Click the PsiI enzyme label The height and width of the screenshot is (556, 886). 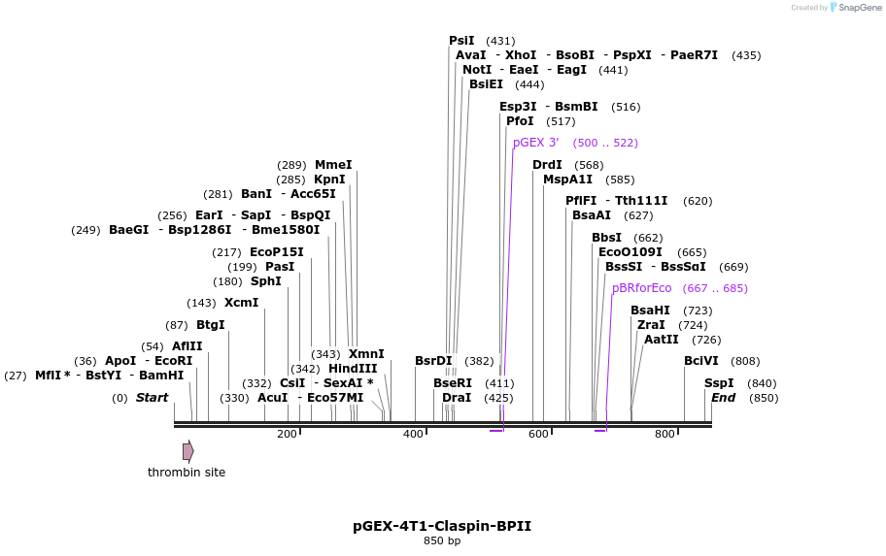[461, 41]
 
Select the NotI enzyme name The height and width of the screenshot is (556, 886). [477, 70]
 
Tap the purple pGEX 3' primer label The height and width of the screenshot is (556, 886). [535, 143]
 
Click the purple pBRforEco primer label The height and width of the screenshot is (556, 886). [641, 288]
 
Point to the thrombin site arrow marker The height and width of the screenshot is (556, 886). [187, 451]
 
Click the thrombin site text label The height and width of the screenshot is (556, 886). [187, 473]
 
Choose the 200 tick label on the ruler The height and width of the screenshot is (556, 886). [287, 434]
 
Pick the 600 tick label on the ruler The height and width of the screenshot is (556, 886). [538, 434]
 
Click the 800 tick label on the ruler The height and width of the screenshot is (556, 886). [664, 434]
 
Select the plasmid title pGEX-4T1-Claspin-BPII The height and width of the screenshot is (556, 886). [442, 526]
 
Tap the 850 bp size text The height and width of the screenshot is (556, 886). [442, 541]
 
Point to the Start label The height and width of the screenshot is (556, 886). [152, 398]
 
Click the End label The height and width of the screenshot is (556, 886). [723, 398]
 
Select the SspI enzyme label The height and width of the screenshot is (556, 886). [719, 383]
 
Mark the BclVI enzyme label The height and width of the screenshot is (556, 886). [700, 361]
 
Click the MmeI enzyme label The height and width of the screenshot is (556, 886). [333, 165]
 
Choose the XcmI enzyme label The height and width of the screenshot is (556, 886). [242, 303]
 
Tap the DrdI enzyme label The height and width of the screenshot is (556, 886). [547, 165]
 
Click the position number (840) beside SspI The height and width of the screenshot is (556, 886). [762, 383]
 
